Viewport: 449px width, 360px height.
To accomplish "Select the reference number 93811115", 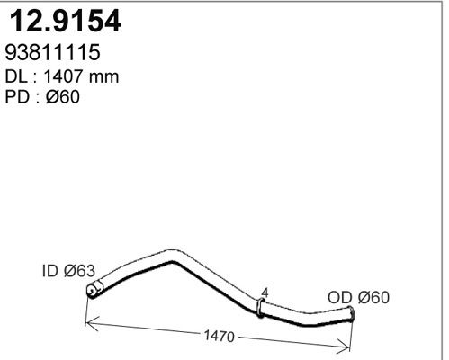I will coord(57,54).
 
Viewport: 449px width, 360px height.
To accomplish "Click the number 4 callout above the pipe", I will coord(264,292).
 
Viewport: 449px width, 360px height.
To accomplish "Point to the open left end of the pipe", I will coord(91,290).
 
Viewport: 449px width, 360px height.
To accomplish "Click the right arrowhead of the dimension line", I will coord(347,347).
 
